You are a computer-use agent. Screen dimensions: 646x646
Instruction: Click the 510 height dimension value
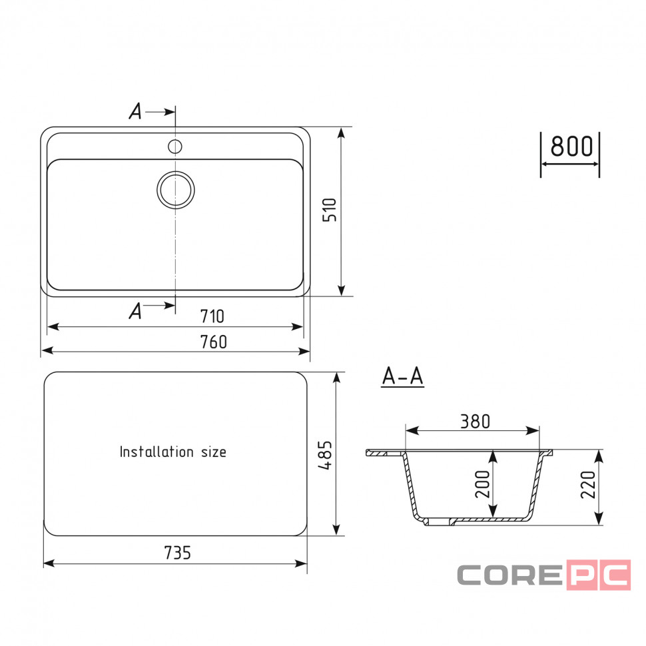pyautogui.click(x=330, y=210)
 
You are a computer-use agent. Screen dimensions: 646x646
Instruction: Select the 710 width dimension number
pyautogui.click(x=212, y=316)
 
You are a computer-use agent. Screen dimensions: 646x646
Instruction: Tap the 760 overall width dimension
pyautogui.click(x=213, y=342)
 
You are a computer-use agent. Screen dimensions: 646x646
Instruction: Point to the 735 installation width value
pyautogui.click(x=178, y=553)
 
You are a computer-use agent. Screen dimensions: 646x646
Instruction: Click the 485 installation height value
pyautogui.click(x=325, y=456)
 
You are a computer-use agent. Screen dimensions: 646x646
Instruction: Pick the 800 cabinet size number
pyautogui.click(x=571, y=146)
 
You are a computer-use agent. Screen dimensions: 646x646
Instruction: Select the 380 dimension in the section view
pyautogui.click(x=475, y=422)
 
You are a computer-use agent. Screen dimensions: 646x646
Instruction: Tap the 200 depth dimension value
pyautogui.click(x=482, y=484)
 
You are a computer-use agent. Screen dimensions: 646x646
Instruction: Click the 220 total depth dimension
pyautogui.click(x=588, y=485)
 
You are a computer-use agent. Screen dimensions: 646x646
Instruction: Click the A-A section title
pyautogui.click(x=402, y=376)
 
